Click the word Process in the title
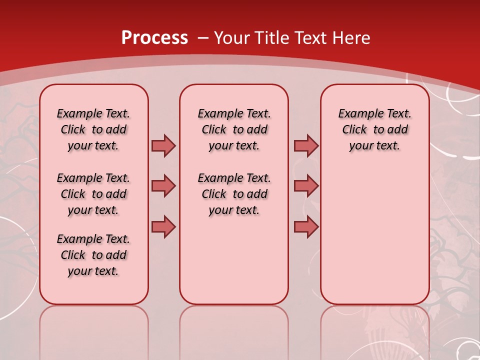click(x=154, y=37)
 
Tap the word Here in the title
click(x=352, y=37)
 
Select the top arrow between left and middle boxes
click(x=163, y=145)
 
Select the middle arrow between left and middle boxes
click(x=163, y=186)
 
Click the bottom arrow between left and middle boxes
click(x=163, y=226)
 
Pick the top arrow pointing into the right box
click(x=306, y=145)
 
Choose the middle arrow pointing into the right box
click(x=306, y=186)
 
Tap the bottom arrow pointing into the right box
click(x=306, y=226)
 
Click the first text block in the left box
click(x=93, y=129)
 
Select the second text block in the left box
click(x=93, y=194)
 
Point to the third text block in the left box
click(x=93, y=255)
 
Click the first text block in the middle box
click(x=234, y=129)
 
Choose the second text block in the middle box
click(x=234, y=194)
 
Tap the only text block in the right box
click(x=374, y=129)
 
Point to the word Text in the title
click(x=311, y=37)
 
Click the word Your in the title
click(x=231, y=37)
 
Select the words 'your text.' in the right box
click(x=374, y=146)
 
